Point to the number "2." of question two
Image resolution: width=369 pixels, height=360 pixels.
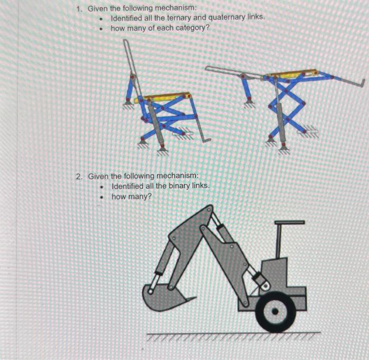pyautogui.click(x=80, y=177)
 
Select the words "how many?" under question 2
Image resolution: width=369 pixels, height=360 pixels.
pyautogui.click(x=131, y=197)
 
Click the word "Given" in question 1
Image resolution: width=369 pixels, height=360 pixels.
pyautogui.click(x=98, y=8)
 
